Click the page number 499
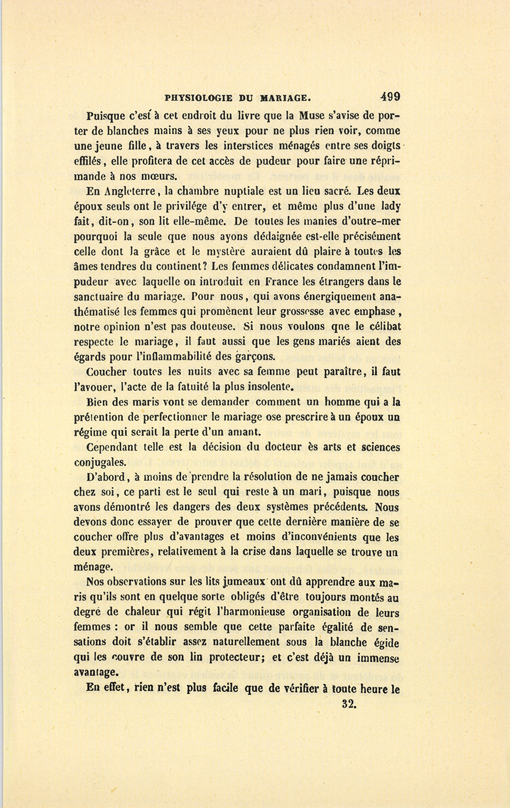click(390, 96)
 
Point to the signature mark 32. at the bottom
click(348, 705)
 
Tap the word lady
click(390, 206)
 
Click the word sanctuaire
click(100, 297)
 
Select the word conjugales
click(100, 462)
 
